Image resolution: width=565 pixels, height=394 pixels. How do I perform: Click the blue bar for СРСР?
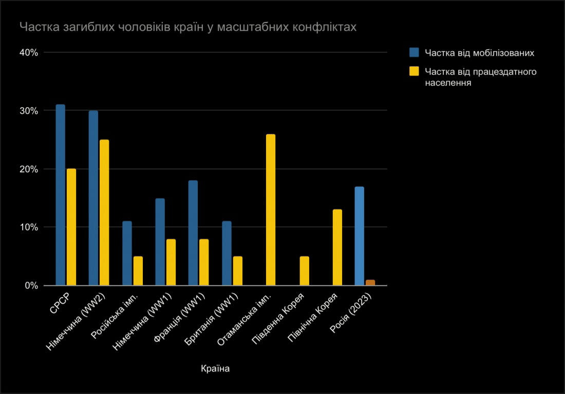click(x=61, y=195)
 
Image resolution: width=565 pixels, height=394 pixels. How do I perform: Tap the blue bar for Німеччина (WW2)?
click(x=93, y=198)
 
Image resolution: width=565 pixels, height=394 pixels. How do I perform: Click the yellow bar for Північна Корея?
click(x=337, y=247)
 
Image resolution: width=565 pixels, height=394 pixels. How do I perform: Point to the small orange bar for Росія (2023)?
click(x=370, y=283)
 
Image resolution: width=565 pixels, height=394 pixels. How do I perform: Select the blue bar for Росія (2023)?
click(x=360, y=236)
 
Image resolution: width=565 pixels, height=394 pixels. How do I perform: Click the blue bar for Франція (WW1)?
click(x=193, y=233)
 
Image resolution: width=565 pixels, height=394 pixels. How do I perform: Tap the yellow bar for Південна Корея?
click(x=305, y=271)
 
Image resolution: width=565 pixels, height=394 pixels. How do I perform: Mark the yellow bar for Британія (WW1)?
click(x=237, y=271)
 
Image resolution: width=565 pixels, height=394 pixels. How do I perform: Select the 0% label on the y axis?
click(x=32, y=286)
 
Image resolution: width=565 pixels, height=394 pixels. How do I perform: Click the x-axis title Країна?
click(x=216, y=368)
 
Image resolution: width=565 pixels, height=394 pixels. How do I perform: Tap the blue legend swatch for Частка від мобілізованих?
click(x=414, y=52)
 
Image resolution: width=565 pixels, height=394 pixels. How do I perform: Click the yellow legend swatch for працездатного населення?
click(x=414, y=71)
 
